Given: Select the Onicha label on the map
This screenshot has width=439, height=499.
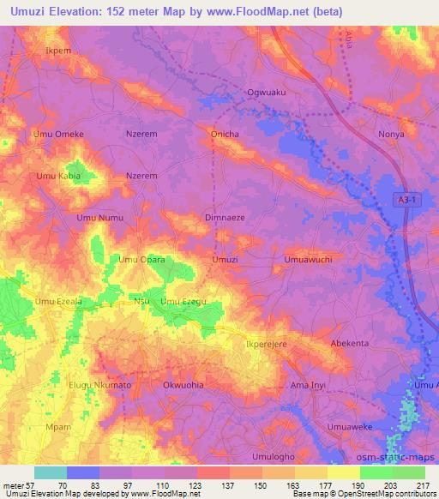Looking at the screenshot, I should coord(226,135).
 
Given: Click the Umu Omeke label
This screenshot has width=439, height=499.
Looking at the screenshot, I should coord(58,135).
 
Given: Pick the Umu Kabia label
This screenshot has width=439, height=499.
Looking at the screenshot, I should coord(57,177).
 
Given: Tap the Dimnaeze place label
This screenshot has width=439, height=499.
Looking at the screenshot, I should coord(225,219).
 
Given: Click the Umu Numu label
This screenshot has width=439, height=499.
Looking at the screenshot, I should coord(100,219).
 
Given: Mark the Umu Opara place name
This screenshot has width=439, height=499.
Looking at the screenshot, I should coord(141,259).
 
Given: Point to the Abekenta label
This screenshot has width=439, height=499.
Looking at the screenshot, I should coord(350,343).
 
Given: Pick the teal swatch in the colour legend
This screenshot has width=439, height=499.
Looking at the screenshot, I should coord(51,472).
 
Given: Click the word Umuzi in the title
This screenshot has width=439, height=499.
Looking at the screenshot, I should coord(27,11).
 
